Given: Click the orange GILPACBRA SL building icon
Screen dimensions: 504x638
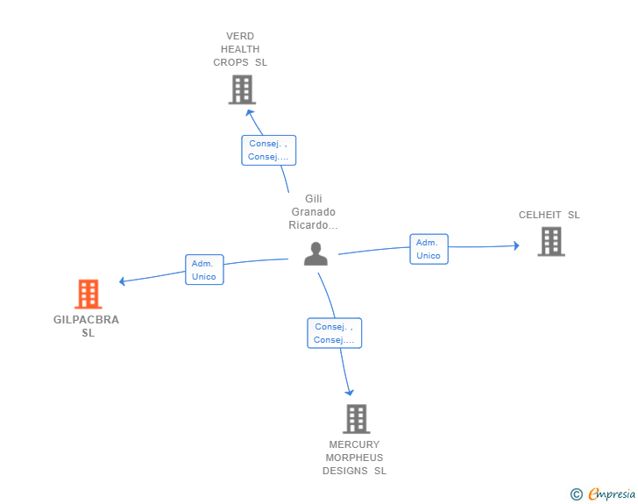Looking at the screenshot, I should point(89,295).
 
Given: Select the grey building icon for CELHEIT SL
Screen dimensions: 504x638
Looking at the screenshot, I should point(550,241).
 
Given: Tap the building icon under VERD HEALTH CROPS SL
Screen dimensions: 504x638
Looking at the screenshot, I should point(241,89).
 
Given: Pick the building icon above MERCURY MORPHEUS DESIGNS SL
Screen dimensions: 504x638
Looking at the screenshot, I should point(356,419).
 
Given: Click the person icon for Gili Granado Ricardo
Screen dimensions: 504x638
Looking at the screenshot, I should point(315,253).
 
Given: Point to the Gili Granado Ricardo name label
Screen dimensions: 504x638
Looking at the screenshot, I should point(314,212).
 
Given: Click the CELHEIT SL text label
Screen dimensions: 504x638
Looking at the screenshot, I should point(549,215).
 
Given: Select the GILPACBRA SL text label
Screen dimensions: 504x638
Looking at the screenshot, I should point(87,326).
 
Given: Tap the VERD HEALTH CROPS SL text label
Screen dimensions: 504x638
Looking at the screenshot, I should point(240,49).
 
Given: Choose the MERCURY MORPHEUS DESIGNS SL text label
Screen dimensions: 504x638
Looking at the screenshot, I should point(354,458).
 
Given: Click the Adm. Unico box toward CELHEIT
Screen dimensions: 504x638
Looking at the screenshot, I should point(429,249).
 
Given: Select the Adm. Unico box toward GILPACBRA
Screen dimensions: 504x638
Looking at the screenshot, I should point(203,270).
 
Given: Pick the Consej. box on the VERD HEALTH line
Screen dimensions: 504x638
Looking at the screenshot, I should point(268,150).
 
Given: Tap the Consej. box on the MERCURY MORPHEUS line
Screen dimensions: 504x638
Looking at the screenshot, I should point(334,333).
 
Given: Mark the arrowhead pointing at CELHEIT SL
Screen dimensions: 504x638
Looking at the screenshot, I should point(515,245).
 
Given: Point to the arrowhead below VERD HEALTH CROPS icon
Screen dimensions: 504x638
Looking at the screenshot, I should point(250,111).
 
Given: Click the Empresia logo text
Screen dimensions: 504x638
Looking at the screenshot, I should point(612,494).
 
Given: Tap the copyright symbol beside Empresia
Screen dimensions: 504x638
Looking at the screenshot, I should point(577,494).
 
